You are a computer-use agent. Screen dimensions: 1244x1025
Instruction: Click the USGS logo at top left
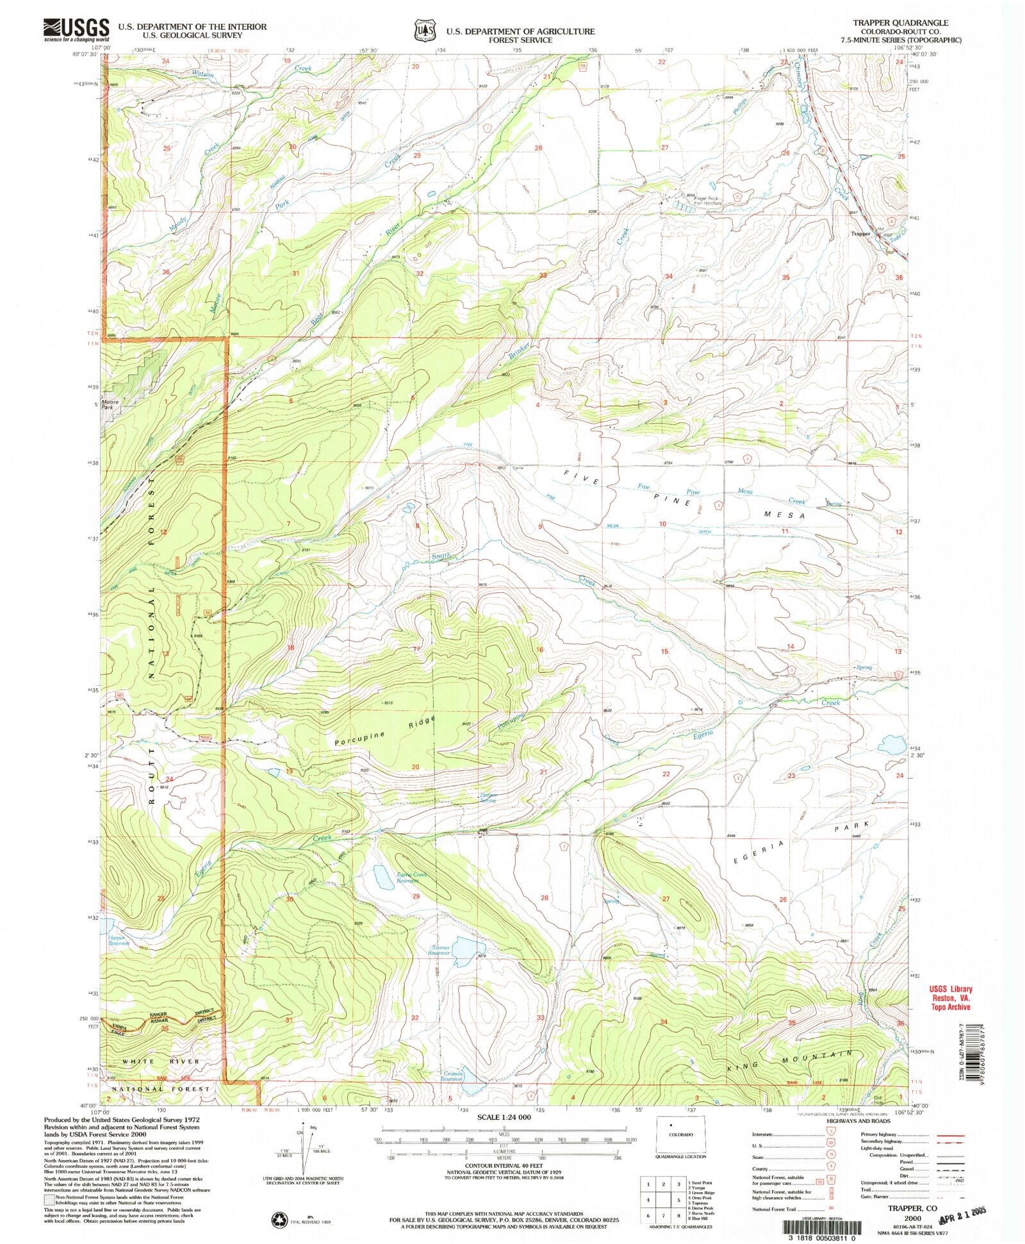pos(76,29)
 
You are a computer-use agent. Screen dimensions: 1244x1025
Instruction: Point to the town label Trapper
pos(860,234)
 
